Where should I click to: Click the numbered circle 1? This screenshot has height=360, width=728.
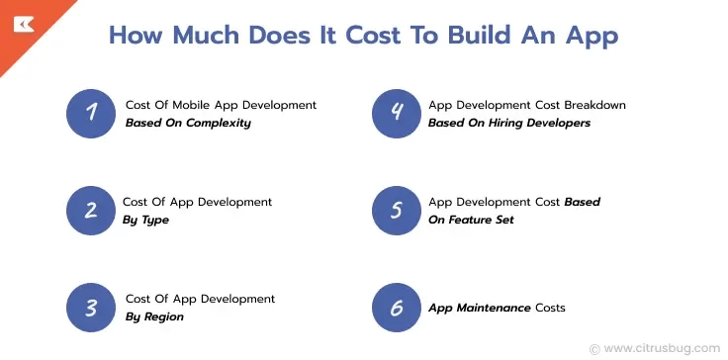tap(92, 113)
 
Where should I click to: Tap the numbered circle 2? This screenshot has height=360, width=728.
tap(92, 210)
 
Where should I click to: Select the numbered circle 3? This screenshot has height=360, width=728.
tap(92, 307)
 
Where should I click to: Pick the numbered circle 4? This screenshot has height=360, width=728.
tap(397, 113)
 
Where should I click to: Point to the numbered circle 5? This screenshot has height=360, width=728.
tap(397, 210)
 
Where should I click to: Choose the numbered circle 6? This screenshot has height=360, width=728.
tap(397, 307)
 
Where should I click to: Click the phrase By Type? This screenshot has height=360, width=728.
tap(145, 220)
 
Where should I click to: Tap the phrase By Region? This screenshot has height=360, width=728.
tap(154, 316)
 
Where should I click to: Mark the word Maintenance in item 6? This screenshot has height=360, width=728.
tap(494, 308)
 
